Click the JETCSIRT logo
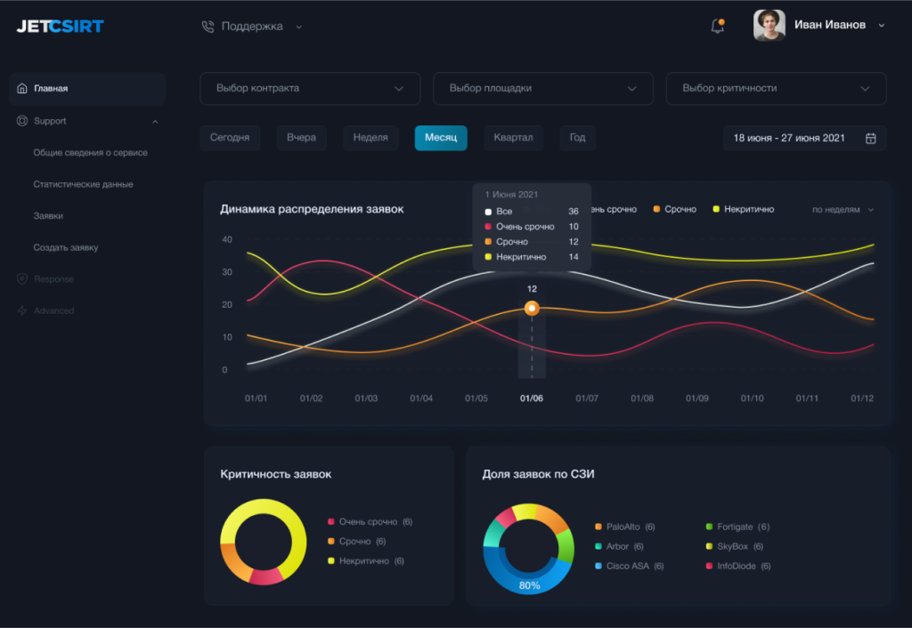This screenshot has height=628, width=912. [x=60, y=26]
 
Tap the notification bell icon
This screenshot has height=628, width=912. [x=717, y=26]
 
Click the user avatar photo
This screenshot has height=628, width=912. [x=769, y=25]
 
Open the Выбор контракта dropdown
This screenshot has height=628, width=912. [x=309, y=89]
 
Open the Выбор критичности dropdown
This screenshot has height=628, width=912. [x=776, y=89]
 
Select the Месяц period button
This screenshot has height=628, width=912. [x=441, y=138]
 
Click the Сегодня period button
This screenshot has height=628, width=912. [x=230, y=138]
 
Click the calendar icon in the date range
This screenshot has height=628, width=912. [x=871, y=138]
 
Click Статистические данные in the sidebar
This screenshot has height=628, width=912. [x=83, y=184]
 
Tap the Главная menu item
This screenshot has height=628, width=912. [x=51, y=89]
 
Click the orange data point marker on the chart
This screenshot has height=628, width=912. [x=532, y=309]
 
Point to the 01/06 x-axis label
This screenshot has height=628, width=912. [x=532, y=399]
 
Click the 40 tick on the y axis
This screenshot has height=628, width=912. [x=227, y=240]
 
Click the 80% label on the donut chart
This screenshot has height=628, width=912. [x=529, y=585]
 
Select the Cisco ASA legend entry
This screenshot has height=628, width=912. [x=629, y=566]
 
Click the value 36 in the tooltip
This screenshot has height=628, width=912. [x=574, y=212]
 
